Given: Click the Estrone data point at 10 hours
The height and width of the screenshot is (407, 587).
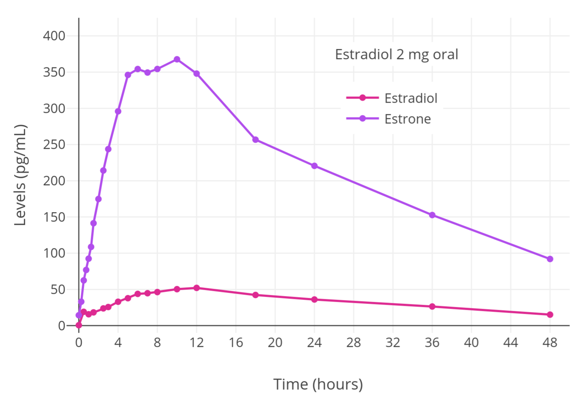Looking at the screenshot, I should [x=177, y=59].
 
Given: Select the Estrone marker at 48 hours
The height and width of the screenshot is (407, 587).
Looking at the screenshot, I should [x=550, y=259].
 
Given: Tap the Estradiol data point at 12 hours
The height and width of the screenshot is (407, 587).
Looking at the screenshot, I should [x=197, y=288].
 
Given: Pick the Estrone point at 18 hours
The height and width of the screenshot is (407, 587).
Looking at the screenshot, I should [x=255, y=139].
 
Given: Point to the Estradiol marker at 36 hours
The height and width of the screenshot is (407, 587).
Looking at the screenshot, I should [x=432, y=306].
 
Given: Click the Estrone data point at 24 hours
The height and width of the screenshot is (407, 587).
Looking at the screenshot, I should [x=314, y=165].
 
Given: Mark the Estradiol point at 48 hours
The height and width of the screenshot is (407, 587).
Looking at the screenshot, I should [x=550, y=314].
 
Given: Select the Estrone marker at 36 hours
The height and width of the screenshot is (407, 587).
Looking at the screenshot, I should [x=432, y=215].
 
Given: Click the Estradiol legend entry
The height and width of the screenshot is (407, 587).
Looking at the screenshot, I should [x=410, y=98].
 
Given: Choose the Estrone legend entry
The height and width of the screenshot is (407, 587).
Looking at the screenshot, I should [x=408, y=119].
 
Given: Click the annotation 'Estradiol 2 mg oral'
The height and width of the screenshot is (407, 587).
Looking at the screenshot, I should [x=397, y=55].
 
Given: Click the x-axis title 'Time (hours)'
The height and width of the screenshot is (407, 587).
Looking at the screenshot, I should [x=318, y=384].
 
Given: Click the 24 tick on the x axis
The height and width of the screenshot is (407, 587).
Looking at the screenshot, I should [x=314, y=342].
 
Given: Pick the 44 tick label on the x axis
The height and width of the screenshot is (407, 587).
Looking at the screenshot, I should [x=510, y=342].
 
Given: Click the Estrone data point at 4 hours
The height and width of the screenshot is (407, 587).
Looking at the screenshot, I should [x=118, y=111].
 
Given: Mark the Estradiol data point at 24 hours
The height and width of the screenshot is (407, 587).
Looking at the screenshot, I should [x=314, y=299].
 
